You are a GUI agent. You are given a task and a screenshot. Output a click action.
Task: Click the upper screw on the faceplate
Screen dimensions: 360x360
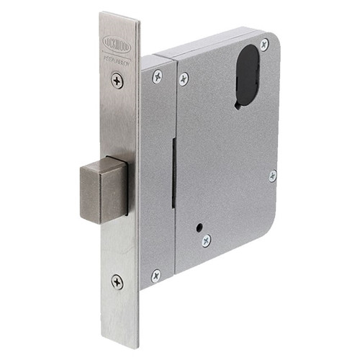point(117,81)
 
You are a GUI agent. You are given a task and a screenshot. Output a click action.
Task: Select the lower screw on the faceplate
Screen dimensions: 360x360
point(117,282)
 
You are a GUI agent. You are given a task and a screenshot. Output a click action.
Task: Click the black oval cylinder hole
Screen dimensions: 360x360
point(248,75)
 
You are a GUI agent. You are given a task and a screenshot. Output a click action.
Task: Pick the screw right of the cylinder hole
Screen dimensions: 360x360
point(264,45)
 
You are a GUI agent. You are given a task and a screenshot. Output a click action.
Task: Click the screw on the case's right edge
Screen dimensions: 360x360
point(273,176)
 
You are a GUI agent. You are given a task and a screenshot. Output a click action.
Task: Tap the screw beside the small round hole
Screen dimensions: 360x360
point(207,240)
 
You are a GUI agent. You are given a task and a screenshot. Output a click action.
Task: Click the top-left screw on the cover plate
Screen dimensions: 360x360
point(184,78)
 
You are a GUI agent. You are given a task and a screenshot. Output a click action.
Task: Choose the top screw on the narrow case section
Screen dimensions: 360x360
point(157,76)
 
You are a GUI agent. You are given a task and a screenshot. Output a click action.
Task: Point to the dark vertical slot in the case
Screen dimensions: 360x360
point(174,173)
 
